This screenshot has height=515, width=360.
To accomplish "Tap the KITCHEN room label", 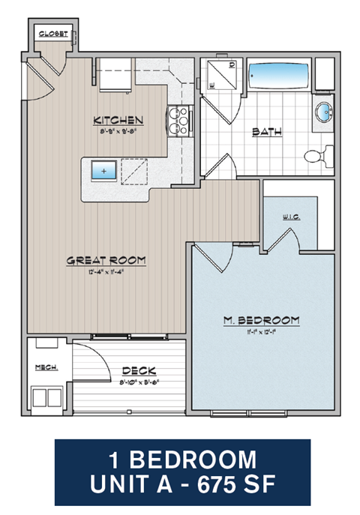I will (118, 120).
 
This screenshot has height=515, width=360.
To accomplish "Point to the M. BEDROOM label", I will (261, 320).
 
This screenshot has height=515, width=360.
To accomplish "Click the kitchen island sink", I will (103, 171).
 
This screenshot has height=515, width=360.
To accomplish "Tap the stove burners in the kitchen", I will (179, 121).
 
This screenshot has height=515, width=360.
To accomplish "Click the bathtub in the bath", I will (278, 77).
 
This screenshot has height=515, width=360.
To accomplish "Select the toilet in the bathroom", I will (320, 156).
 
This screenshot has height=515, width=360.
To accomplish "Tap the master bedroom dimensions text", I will (261, 331).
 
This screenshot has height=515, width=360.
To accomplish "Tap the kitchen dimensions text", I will (118, 130).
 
